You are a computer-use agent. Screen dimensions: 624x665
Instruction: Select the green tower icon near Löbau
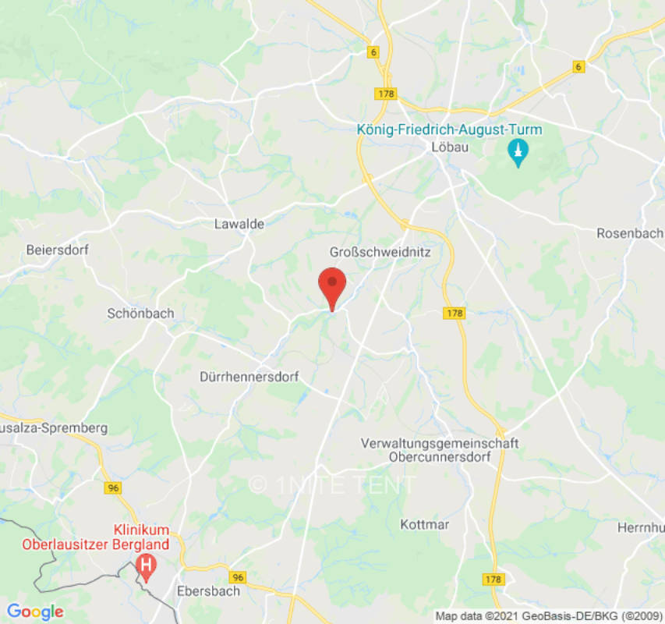tap(517, 151)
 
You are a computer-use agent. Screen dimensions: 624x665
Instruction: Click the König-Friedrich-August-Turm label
tap(449, 129)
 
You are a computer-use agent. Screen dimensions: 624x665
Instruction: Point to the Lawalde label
tap(239, 224)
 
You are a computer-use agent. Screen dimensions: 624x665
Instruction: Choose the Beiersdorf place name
tap(58, 250)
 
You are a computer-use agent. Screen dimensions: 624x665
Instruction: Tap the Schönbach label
tap(140, 314)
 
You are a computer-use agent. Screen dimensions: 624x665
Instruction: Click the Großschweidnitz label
tap(380, 253)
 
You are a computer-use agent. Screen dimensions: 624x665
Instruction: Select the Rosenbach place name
tap(630, 233)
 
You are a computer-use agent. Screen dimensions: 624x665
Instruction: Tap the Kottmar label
tap(425, 524)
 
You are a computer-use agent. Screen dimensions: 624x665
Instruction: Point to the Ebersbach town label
tap(209, 590)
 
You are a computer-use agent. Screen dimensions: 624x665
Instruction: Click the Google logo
tap(35, 612)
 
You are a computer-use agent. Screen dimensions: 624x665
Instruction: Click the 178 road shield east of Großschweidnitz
tap(455, 313)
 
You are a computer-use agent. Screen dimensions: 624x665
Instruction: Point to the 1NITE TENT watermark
tap(332, 484)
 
